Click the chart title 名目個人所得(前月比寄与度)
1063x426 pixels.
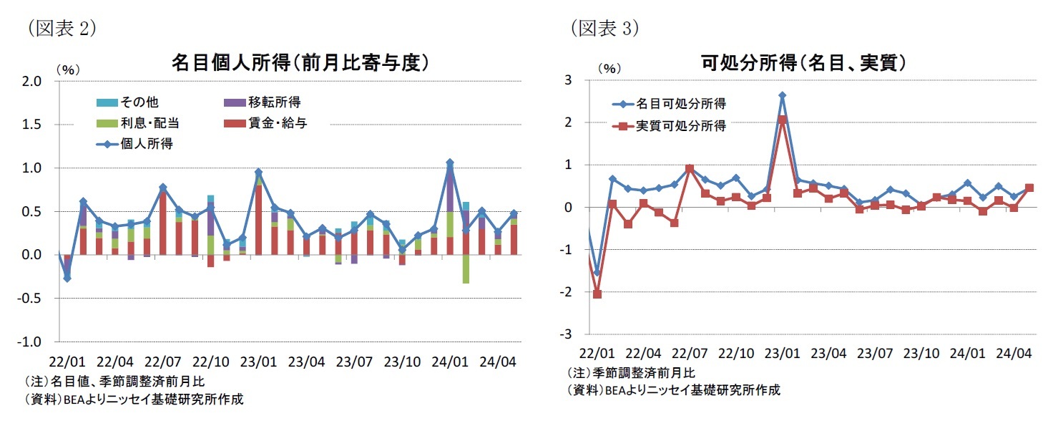click(x=300, y=63)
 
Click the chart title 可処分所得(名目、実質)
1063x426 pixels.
click(x=805, y=63)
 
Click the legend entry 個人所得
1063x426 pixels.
click(x=143, y=144)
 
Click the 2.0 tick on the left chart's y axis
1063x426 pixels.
click(x=33, y=82)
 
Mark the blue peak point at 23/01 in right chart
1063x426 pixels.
click(x=783, y=95)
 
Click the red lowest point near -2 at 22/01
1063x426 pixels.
click(x=597, y=294)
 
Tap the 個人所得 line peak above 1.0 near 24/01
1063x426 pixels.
click(x=450, y=163)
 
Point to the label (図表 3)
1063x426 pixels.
click(x=605, y=28)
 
